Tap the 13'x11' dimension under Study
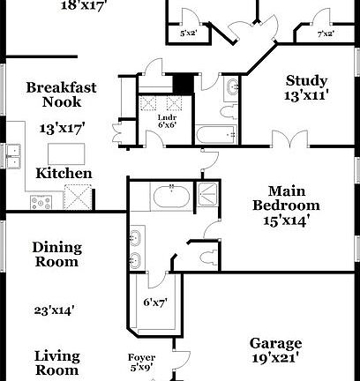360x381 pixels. coord(306,94)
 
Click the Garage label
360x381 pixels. coord(275,343)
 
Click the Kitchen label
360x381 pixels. coord(63,174)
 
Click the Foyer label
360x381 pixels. coord(142,357)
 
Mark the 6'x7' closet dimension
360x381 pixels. coord(155,303)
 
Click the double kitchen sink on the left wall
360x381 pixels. coord(12,156)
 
